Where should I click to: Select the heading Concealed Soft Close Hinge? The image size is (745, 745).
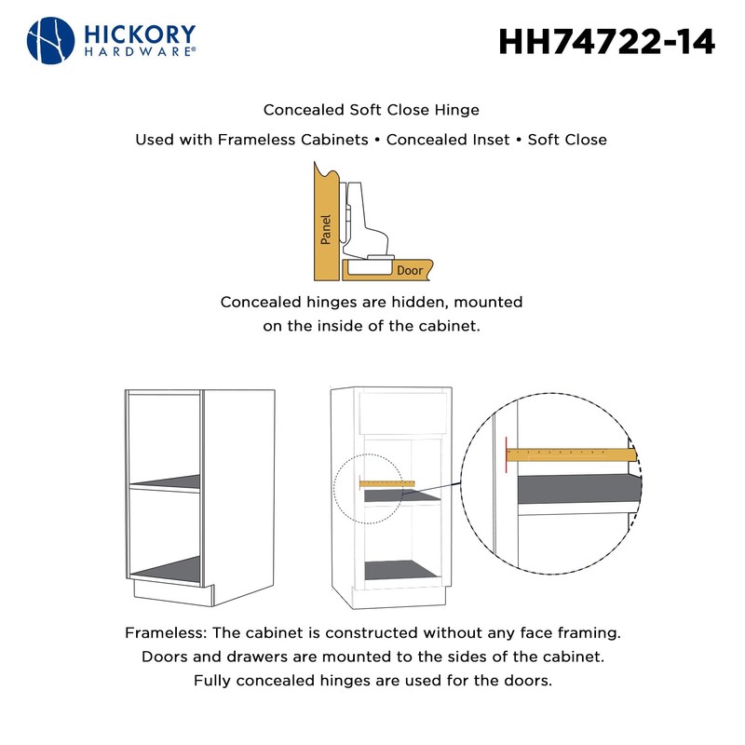coord(372,110)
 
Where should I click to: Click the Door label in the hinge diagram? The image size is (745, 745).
coord(410,271)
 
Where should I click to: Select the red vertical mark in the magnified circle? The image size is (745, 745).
coord(505,454)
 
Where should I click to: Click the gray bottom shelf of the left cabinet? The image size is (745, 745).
coord(166,569)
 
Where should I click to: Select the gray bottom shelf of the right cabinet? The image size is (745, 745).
coord(402,569)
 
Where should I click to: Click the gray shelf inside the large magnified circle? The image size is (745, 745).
coord(577,490)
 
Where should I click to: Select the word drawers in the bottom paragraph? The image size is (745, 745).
coord(252,657)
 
